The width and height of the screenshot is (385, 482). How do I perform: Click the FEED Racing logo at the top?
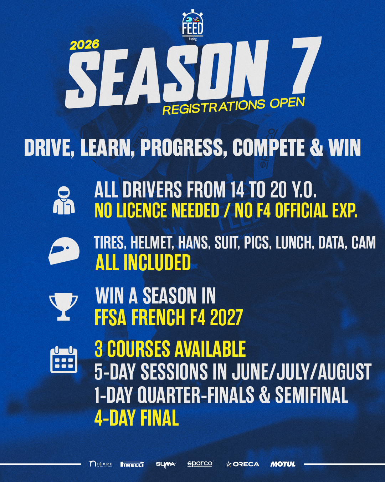(x=192, y=26)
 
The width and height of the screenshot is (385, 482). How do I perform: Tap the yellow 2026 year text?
(x=84, y=44)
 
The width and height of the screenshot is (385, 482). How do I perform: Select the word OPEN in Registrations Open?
(x=287, y=103)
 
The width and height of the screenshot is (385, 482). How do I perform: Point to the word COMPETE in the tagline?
(x=269, y=147)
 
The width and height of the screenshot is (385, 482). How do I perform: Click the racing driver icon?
(x=64, y=200)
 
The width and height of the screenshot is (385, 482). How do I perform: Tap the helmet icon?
(x=64, y=251)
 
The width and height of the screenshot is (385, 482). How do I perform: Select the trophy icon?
(x=63, y=306)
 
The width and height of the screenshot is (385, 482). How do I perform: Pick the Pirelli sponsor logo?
(x=132, y=464)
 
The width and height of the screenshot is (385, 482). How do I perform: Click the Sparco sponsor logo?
(x=200, y=464)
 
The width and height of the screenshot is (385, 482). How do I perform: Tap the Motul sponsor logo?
(x=283, y=464)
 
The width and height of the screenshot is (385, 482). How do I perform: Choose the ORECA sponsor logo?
(x=243, y=464)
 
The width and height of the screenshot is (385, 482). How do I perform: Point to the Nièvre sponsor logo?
(x=101, y=464)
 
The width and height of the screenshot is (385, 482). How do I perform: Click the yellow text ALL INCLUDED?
(x=143, y=262)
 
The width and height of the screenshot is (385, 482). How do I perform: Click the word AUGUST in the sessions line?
(x=345, y=372)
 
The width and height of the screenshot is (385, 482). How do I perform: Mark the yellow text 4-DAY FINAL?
(x=137, y=418)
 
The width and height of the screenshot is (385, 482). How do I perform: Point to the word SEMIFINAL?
(x=312, y=395)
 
